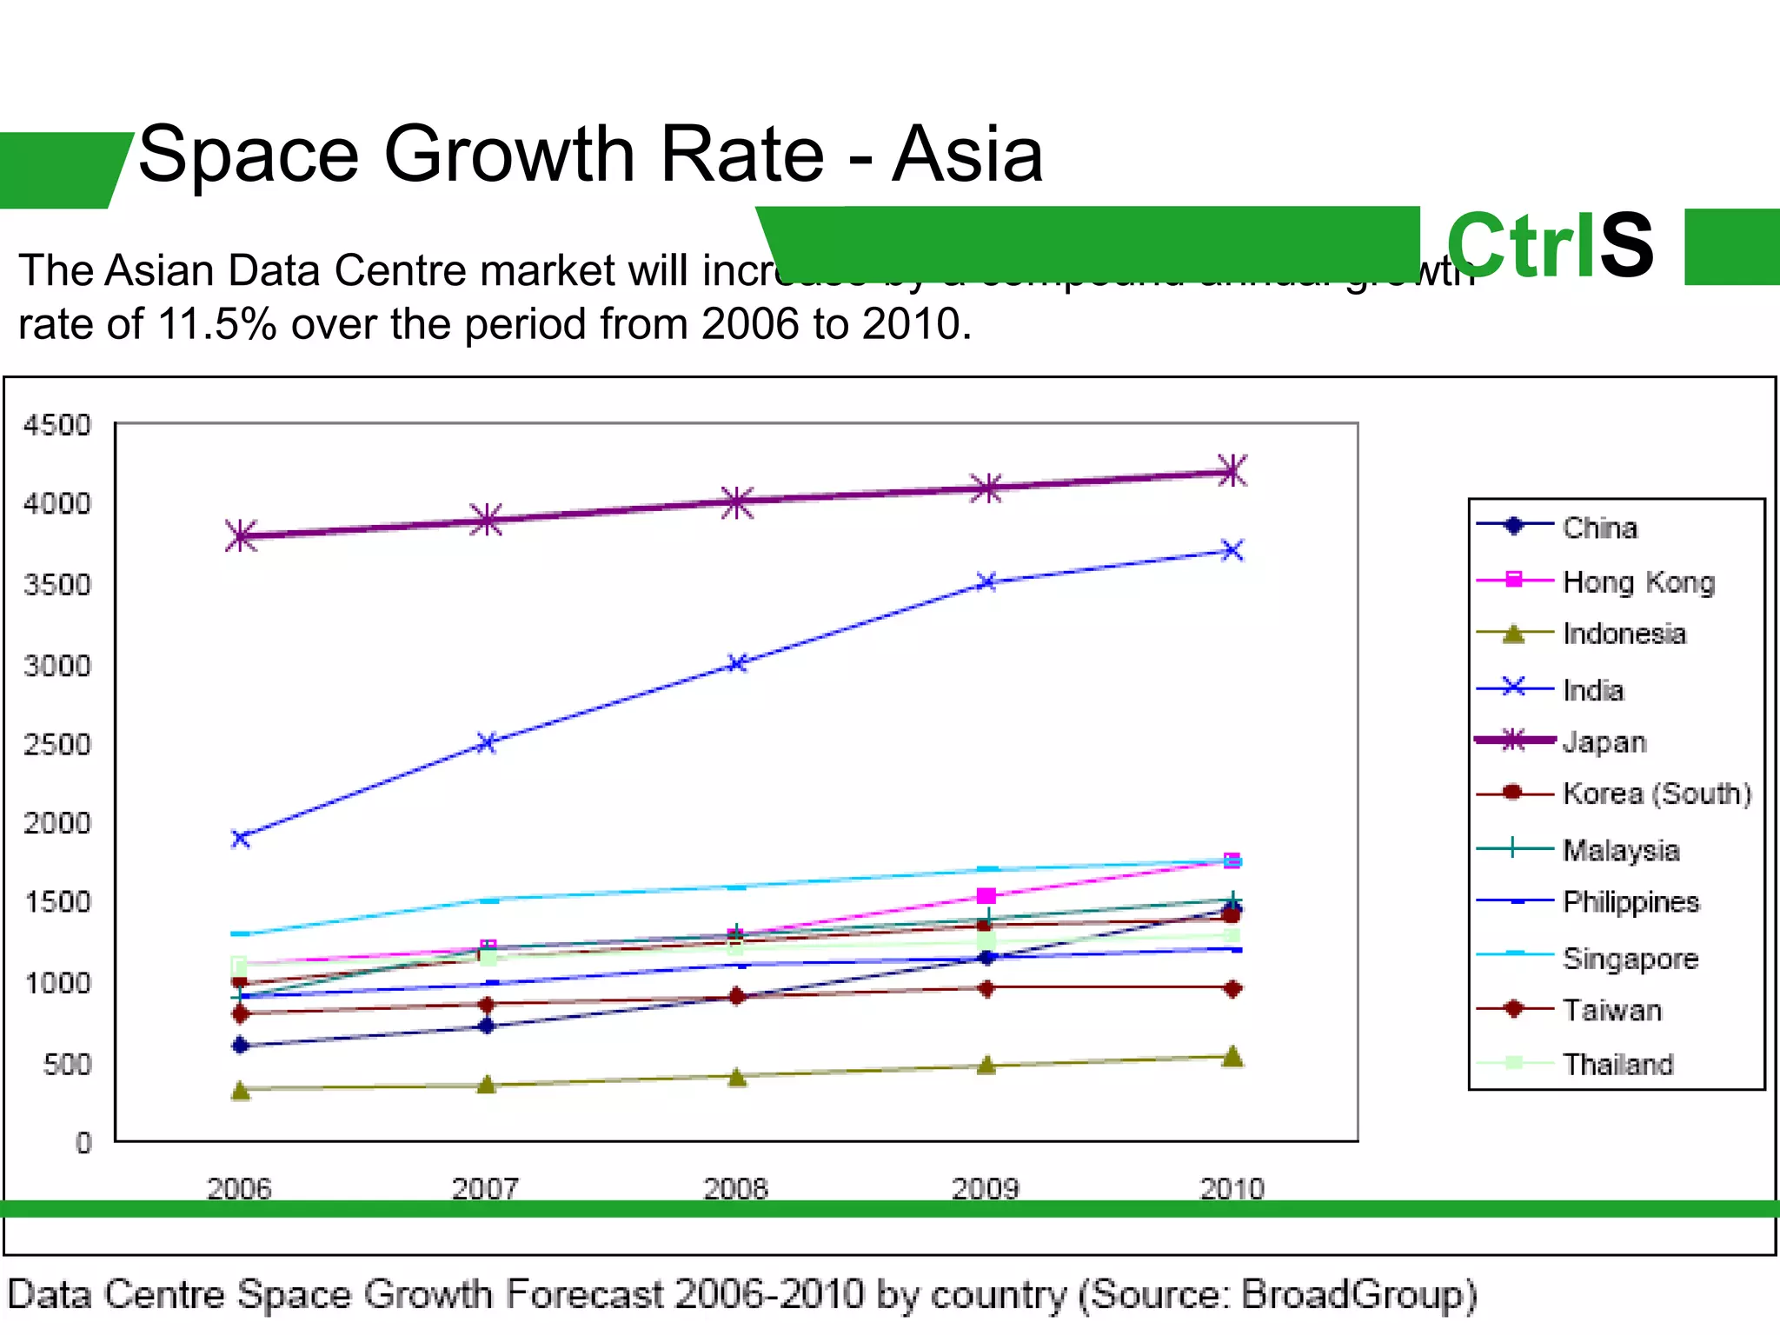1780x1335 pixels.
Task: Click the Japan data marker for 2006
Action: pyautogui.click(x=242, y=535)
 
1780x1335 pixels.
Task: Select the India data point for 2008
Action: pyautogui.click(x=737, y=663)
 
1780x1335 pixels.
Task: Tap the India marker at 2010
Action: pyautogui.click(x=1232, y=550)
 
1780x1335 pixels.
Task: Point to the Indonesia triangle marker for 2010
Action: pyautogui.click(x=1232, y=1057)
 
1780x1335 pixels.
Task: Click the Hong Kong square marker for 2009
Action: pyautogui.click(x=986, y=895)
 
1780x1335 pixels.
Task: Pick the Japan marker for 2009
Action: pyautogui.click(x=986, y=488)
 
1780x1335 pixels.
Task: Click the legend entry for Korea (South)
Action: pyautogui.click(x=1656, y=793)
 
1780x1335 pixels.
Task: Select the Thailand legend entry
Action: pyautogui.click(x=1617, y=1064)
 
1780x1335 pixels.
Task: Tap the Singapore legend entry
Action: pyautogui.click(x=1630, y=958)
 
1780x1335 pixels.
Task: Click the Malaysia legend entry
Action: pyautogui.click(x=1620, y=849)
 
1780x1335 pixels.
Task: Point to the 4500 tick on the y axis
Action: pyautogui.click(x=56, y=425)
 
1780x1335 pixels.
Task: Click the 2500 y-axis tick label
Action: pyautogui.click(x=56, y=744)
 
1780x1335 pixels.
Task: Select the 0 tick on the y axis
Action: pyautogui.click(x=83, y=1142)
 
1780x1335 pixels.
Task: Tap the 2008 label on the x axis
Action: pyautogui.click(x=736, y=1187)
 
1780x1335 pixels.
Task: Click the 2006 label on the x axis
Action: pyautogui.click(x=239, y=1187)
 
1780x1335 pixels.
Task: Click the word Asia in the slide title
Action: pyautogui.click(x=966, y=155)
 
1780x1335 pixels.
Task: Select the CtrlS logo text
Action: pyautogui.click(x=1549, y=246)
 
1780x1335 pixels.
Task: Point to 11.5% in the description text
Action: pyautogui.click(x=216, y=324)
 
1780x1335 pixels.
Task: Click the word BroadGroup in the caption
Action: pyautogui.click(x=1359, y=1294)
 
